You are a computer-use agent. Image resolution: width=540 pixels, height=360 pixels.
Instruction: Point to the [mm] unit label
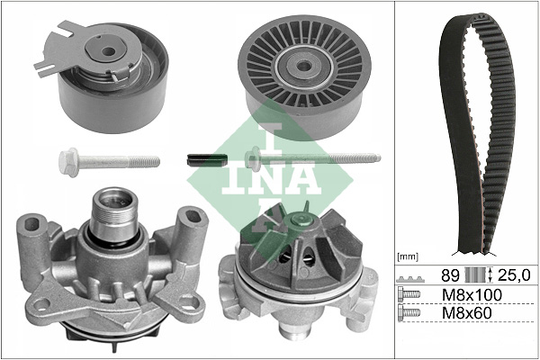(408, 256)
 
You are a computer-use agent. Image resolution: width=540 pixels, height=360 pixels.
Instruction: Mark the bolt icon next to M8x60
(409, 314)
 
